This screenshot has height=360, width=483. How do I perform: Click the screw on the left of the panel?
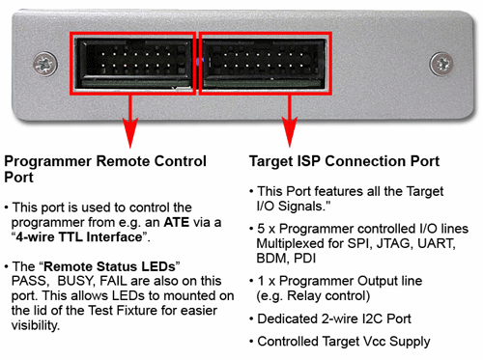(45, 64)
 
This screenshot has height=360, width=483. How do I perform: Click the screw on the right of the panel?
(441, 64)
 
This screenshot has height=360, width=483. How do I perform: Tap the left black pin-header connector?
(133, 63)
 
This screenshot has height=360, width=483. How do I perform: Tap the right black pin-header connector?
(265, 63)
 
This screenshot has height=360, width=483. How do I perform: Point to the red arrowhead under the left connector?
(130, 132)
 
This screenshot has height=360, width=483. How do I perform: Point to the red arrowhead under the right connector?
(290, 132)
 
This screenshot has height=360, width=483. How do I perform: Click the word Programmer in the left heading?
(48, 161)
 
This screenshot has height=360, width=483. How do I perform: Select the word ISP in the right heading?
(308, 161)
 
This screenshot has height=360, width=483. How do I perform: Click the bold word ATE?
(177, 222)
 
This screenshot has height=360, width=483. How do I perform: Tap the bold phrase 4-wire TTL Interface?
(79, 237)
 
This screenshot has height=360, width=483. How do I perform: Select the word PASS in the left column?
(30, 281)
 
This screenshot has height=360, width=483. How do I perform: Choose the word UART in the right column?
(436, 243)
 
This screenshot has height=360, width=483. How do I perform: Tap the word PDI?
(304, 259)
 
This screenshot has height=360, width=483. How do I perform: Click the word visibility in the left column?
(36, 325)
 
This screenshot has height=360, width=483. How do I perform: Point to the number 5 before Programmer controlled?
(261, 229)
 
